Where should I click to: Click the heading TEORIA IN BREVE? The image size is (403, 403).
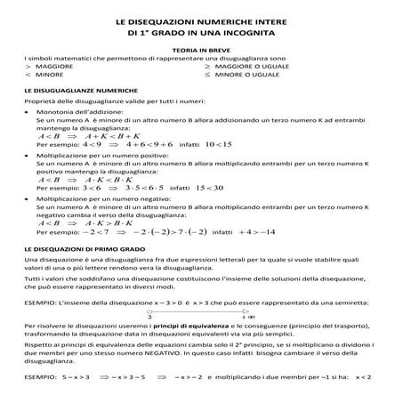click(200, 52)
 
